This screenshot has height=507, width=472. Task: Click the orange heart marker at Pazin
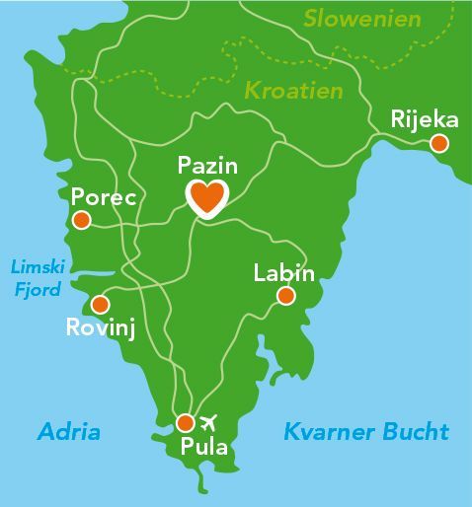pos(207,197)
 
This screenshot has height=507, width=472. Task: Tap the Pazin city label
pos(207,165)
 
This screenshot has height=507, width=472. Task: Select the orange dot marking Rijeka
pos(439,144)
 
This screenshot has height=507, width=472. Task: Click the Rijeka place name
pos(425,120)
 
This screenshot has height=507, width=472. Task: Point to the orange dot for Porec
pos(80,220)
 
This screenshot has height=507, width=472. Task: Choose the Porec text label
pos(104,195)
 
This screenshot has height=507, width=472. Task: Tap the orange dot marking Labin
pos(285,296)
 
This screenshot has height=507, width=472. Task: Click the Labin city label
pos(283,272)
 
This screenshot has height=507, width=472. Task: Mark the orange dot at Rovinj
pos(100,306)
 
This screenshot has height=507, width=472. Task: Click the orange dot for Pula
pos(185,423)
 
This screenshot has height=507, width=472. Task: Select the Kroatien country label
pos(293,91)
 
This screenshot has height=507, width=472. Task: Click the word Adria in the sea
pos(69,432)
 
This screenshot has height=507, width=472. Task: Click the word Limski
pos(36,266)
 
